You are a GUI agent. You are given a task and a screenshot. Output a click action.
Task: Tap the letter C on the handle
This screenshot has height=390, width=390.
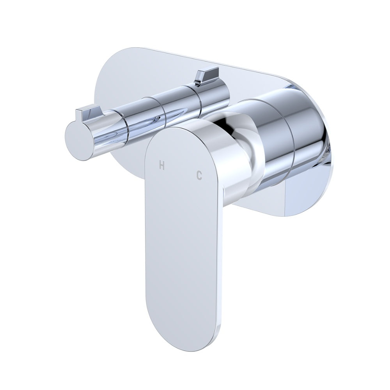pos(199,176)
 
